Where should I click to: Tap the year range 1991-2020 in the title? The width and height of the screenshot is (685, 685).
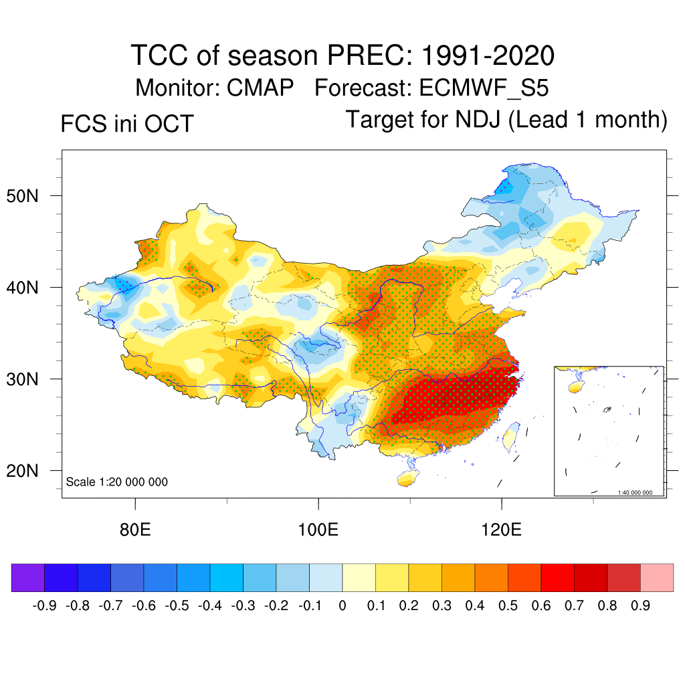488,56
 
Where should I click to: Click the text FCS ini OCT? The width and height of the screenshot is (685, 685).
127,124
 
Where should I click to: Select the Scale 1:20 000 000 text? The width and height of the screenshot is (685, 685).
117,482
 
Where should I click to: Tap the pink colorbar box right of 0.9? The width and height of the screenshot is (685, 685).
657,577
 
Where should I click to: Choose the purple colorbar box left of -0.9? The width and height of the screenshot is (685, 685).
28,577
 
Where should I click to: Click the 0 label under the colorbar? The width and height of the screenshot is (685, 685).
342,606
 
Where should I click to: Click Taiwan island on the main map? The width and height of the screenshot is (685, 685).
510,436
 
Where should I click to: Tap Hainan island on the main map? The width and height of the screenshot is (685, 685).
405,478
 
